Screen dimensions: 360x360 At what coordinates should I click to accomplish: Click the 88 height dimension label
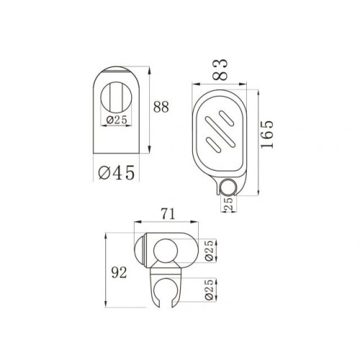coord(161,107)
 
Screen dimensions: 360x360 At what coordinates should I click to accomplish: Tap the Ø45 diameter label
coord(117,173)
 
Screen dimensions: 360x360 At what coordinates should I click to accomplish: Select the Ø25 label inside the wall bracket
coord(117,120)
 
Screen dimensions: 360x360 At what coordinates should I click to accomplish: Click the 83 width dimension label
coord(220,69)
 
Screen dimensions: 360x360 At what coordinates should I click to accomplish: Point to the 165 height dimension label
coord(267,135)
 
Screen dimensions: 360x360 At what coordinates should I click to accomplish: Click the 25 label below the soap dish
coord(228,204)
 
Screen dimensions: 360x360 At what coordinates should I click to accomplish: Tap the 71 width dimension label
coord(168,214)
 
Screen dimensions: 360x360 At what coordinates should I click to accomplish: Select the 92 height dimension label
coord(119,273)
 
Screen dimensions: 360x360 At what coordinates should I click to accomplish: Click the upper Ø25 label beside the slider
coord(210,250)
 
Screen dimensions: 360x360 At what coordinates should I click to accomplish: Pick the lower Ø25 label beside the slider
coord(210,289)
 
